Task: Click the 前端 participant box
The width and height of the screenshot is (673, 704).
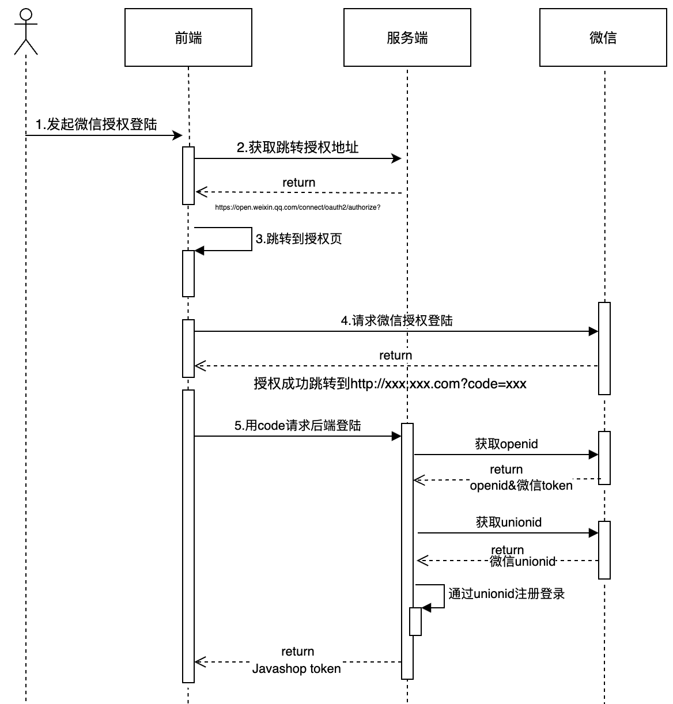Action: [x=188, y=38]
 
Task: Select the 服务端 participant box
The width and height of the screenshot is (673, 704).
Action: [x=407, y=38]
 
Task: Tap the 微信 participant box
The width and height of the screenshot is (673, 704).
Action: [x=603, y=38]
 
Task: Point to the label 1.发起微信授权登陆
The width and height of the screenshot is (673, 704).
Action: [x=96, y=124]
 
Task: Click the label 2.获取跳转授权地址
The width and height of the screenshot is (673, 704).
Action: [x=297, y=147]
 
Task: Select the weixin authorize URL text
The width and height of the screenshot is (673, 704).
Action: [x=297, y=207]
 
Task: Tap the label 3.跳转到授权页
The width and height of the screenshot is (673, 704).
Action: [x=298, y=239]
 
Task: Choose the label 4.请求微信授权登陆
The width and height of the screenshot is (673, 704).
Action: [x=396, y=320]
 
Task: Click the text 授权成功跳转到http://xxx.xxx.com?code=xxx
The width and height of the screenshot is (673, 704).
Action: [x=390, y=384]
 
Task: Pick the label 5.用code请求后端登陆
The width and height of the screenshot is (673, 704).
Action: [x=297, y=425]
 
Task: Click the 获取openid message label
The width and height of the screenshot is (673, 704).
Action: [x=506, y=444]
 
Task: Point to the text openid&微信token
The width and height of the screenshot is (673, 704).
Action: [x=521, y=486]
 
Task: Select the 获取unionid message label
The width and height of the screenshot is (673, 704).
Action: [x=509, y=522]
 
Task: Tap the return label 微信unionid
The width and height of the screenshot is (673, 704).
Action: [x=523, y=561]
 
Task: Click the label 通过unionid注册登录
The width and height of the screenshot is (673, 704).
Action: [x=506, y=593]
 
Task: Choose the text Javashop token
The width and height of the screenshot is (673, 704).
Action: [x=296, y=668]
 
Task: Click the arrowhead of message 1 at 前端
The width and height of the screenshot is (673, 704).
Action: [x=178, y=135]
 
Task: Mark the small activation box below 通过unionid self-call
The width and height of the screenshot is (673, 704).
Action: [x=415, y=622]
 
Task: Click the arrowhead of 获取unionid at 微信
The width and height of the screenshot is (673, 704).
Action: [x=593, y=533]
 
